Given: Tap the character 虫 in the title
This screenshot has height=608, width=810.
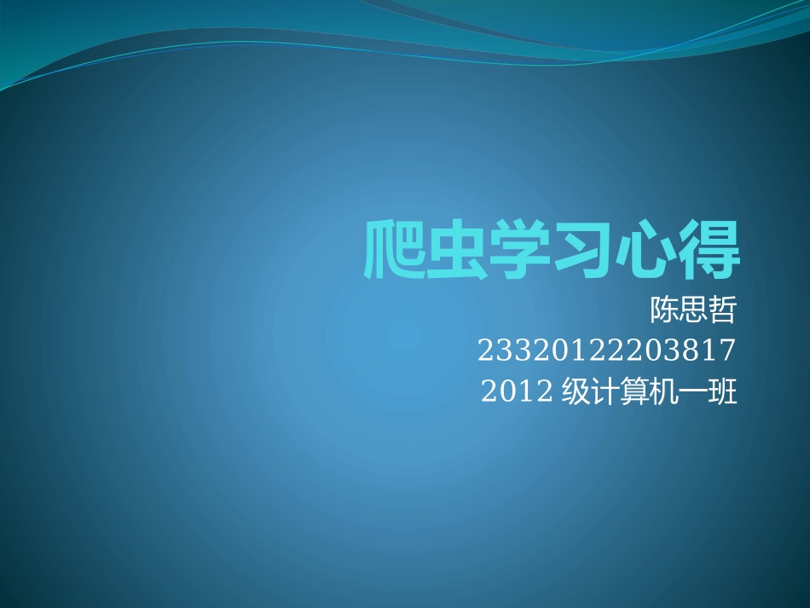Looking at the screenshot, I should (457, 250).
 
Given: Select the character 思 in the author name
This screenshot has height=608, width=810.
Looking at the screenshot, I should (693, 310).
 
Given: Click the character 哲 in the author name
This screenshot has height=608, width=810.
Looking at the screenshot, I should (721, 310).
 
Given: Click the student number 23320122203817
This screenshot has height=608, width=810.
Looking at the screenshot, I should (606, 350).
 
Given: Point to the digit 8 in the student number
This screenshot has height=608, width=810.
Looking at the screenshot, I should (689, 350).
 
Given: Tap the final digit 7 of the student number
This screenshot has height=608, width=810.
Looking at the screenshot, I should (726, 350).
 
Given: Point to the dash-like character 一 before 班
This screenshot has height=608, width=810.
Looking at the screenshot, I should (693, 392).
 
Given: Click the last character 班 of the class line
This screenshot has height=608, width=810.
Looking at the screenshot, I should (722, 392).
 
